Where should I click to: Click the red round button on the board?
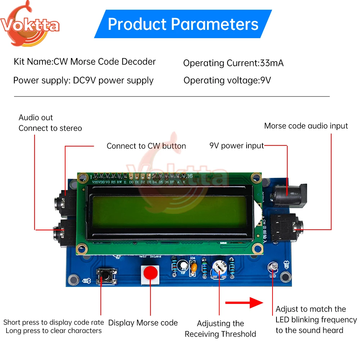(150, 273)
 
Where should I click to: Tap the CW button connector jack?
(62, 204)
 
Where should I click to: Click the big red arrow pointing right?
(244, 303)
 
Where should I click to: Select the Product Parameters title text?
(183, 24)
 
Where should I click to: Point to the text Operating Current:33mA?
(233, 63)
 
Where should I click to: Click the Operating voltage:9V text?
(227, 80)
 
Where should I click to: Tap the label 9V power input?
(237, 146)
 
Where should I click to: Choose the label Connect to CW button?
(146, 146)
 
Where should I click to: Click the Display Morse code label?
(143, 323)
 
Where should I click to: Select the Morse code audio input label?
(306, 126)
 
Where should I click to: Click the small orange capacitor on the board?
(194, 267)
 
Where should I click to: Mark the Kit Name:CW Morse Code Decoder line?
(85, 62)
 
